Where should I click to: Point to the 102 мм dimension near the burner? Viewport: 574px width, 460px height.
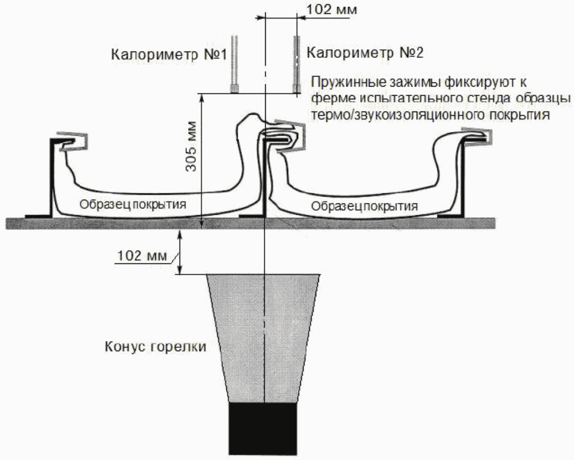[x=143, y=256]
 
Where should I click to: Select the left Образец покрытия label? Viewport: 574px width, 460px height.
[x=133, y=204]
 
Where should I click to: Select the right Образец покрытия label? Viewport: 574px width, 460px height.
[x=365, y=205]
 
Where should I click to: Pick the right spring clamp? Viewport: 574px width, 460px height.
[x=479, y=137]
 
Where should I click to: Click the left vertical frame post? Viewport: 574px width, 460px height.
[x=52, y=178]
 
